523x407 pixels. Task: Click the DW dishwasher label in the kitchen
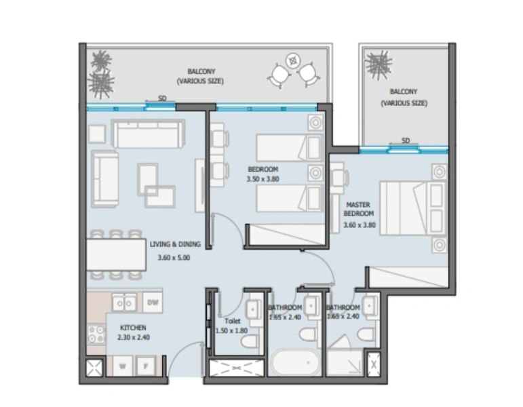point(153,302)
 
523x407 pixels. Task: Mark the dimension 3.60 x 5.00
point(174,258)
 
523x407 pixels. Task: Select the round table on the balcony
point(293,60)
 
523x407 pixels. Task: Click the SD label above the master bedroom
point(406,140)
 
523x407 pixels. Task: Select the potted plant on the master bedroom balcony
point(378,65)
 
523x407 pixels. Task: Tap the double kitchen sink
point(123,302)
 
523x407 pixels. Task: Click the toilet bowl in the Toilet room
point(249,338)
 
